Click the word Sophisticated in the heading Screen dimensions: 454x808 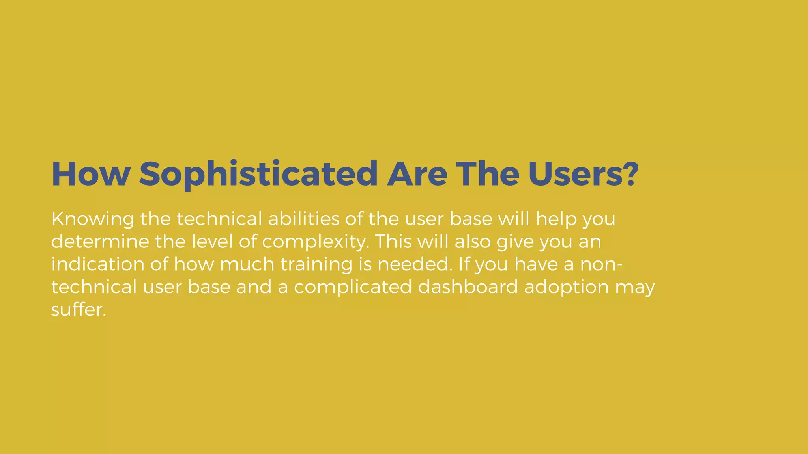click(x=258, y=174)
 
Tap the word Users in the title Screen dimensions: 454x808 click(x=576, y=174)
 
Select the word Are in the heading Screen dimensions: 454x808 click(x=417, y=174)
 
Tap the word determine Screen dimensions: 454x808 click(x=100, y=241)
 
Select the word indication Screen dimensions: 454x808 click(x=97, y=264)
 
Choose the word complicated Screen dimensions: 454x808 click(x=353, y=287)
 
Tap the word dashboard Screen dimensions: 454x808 click(x=468, y=287)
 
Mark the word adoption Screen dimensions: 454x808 click(x=566, y=287)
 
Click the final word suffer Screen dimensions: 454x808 click(x=79, y=309)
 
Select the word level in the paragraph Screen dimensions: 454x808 click(x=212, y=241)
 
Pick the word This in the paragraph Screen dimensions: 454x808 click(x=393, y=241)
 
